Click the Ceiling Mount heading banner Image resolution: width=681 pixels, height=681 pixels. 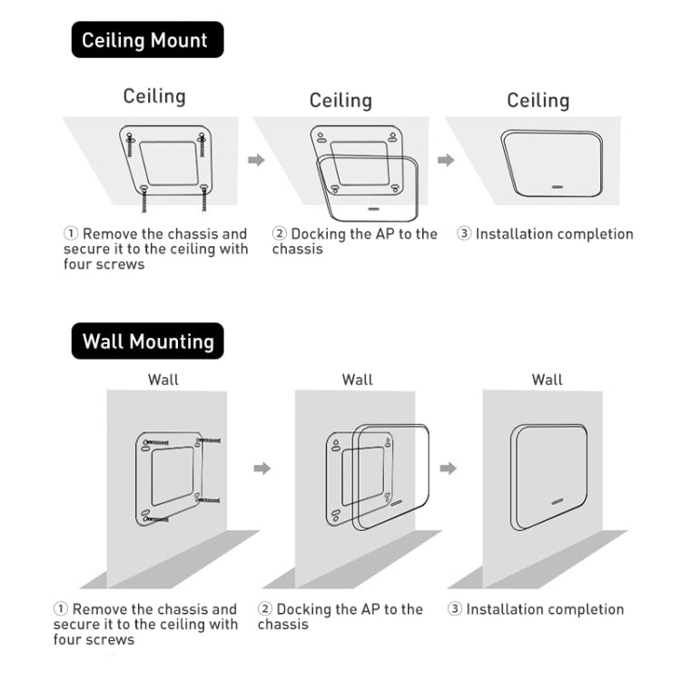point(146,40)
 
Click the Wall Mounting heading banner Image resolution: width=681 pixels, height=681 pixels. point(147,341)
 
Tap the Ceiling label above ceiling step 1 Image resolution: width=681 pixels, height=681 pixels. point(154,96)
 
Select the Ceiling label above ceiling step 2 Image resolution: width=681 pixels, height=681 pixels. point(340,101)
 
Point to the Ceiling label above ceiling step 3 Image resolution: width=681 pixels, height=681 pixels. point(538,101)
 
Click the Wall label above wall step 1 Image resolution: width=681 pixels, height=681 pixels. point(163,380)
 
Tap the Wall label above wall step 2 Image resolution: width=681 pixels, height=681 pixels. point(357,380)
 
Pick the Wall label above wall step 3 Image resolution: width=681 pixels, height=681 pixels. point(547,380)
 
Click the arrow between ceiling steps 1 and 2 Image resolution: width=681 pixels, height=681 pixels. point(257,160)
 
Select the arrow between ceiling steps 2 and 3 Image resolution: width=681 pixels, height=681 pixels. point(446,160)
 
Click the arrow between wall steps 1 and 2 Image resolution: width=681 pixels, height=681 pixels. point(262,468)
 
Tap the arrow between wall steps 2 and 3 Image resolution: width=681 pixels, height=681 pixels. point(449,468)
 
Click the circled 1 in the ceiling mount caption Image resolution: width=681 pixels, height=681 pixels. point(71,234)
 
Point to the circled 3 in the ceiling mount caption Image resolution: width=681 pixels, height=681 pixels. point(464,234)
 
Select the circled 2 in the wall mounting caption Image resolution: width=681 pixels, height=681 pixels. point(265,609)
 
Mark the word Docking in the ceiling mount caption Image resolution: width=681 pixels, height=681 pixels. point(318,234)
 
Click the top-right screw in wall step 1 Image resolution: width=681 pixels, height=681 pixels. point(208,440)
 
